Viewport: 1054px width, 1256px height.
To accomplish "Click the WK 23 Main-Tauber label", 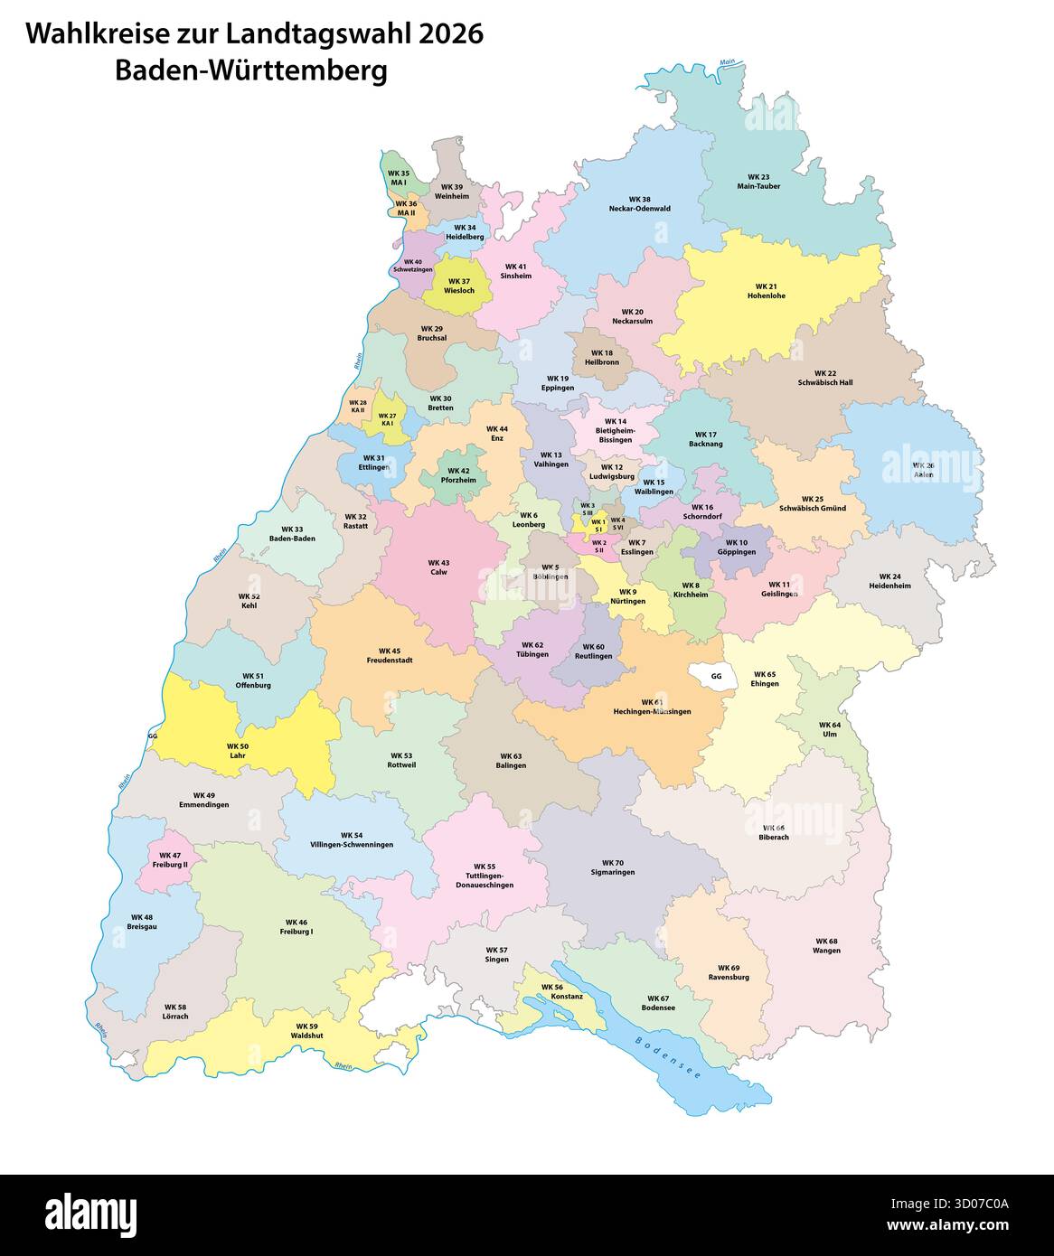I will click(x=758, y=182).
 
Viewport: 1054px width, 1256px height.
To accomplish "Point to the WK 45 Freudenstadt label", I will click(x=389, y=655).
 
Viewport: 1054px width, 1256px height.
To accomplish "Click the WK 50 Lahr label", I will click(x=237, y=750).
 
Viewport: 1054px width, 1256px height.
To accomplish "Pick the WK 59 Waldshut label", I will click(x=306, y=1030).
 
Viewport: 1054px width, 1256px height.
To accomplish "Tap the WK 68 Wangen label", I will click(x=825, y=945).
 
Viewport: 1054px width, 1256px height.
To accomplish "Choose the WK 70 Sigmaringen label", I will click(x=612, y=867).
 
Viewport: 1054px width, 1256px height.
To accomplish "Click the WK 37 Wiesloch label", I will click(x=459, y=286).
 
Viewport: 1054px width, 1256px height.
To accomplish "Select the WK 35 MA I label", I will click(x=398, y=177).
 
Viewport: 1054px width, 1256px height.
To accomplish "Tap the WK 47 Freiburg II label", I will click(x=170, y=859).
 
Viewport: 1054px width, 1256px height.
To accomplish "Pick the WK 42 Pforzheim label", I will click(x=458, y=475).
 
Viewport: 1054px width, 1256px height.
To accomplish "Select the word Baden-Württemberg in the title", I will click(x=250, y=70).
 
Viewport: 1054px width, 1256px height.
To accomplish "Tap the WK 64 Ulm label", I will click(x=829, y=729).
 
